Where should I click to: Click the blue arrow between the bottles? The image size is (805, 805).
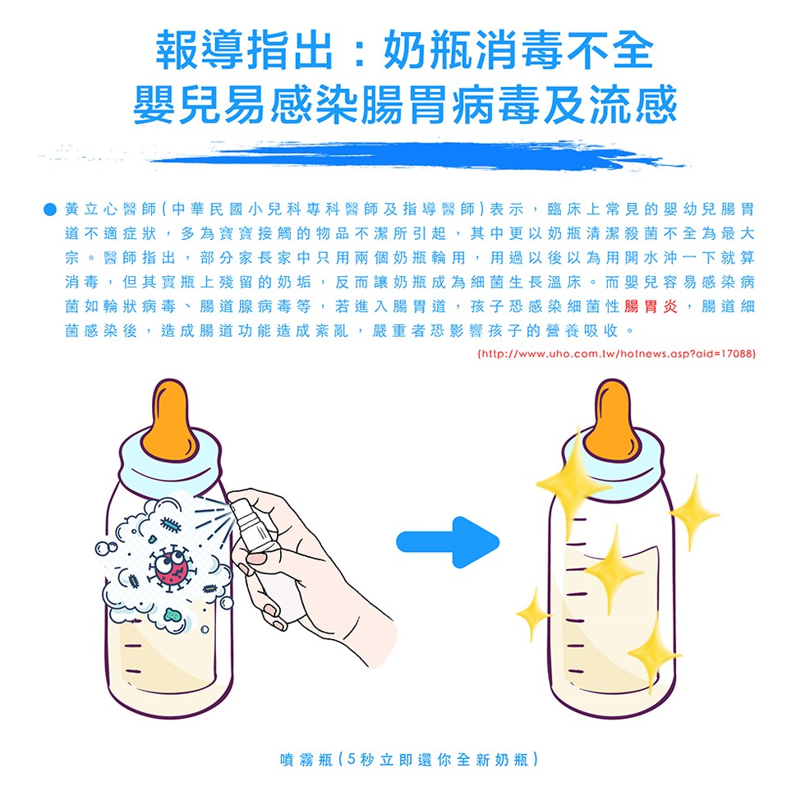click(x=448, y=541)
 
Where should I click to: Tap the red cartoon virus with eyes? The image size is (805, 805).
click(x=172, y=568)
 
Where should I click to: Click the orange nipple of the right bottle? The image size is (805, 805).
click(x=609, y=420)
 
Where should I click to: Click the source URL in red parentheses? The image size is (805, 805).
click(x=615, y=354)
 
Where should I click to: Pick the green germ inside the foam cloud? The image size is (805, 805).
click(x=172, y=614)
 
